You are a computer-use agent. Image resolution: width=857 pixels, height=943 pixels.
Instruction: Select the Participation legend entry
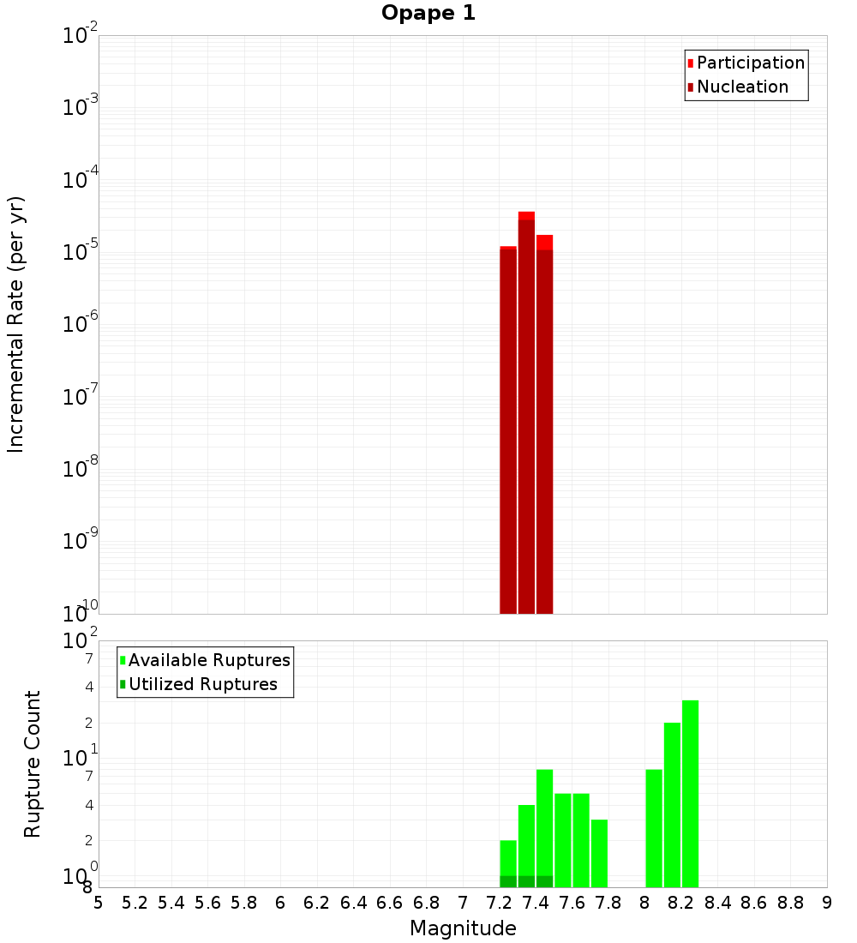tap(750, 63)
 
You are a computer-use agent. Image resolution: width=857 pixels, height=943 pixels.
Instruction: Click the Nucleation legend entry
tap(741, 87)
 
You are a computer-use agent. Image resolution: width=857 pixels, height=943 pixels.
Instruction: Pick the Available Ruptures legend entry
tap(208, 660)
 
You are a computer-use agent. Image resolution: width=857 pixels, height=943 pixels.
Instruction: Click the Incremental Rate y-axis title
tap(16, 324)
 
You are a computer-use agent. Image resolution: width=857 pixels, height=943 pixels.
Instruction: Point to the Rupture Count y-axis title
tap(33, 764)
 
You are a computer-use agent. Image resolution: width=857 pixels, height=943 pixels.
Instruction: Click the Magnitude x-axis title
tap(463, 928)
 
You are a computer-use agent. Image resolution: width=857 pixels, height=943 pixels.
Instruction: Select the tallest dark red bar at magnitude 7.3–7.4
tap(526, 416)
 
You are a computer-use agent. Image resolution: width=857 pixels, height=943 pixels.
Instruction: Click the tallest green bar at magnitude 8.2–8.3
tap(691, 794)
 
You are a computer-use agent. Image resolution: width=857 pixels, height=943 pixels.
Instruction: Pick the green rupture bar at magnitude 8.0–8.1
tap(654, 828)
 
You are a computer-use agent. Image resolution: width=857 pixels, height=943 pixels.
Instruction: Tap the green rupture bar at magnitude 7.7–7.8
tap(599, 853)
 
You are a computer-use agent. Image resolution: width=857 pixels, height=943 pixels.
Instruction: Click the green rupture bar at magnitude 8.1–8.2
tap(672, 805)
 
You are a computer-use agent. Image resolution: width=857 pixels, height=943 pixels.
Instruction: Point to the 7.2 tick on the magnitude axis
tap(499, 903)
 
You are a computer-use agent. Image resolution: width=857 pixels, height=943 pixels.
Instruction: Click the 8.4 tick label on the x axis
tap(717, 903)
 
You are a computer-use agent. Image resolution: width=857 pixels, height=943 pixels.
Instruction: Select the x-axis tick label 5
tap(99, 903)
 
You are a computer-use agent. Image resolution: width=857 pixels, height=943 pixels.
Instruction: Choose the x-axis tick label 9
tap(827, 903)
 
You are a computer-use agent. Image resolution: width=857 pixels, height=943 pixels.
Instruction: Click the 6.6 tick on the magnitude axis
tap(390, 903)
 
